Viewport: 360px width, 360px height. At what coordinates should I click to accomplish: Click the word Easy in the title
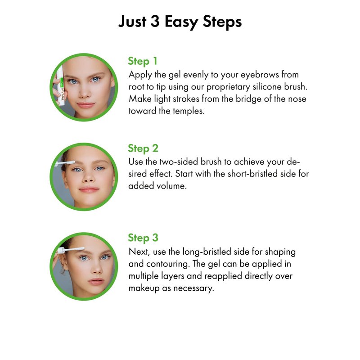pos(181,22)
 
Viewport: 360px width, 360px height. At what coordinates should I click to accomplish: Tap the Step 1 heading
pos(143,61)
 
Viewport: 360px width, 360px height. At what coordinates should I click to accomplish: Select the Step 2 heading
pos(143,148)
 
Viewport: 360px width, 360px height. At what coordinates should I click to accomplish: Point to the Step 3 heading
pos(143,238)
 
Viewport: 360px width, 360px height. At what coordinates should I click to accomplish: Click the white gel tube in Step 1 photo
pos(60,85)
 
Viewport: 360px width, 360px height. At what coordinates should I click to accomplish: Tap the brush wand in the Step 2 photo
pos(65,163)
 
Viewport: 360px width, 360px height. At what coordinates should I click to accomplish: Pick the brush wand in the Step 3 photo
pos(70,250)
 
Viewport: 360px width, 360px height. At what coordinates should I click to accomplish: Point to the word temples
pos(189,111)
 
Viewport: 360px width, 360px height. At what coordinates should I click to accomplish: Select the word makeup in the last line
pos(144,288)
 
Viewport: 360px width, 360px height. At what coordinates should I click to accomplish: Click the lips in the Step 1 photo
pos(85,105)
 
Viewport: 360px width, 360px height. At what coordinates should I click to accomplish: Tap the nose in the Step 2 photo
pos(88,177)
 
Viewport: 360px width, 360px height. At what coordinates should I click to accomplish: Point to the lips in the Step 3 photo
pos(96,281)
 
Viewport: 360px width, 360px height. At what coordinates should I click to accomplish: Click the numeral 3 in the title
pos(155,22)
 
